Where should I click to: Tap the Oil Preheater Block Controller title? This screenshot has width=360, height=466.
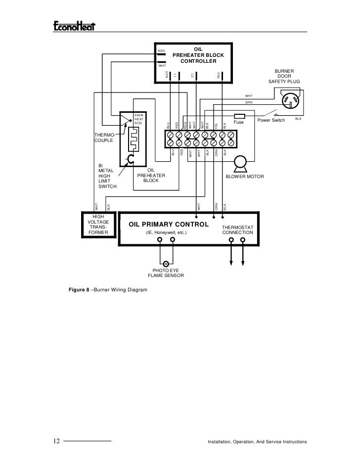point(198,55)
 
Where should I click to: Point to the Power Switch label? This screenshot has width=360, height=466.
point(271,121)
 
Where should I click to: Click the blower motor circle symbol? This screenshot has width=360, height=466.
point(241,162)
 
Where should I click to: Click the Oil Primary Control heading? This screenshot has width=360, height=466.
point(169,224)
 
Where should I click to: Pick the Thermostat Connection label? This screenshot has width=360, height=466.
point(237,230)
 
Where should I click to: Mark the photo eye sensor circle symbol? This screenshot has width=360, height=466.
point(166,264)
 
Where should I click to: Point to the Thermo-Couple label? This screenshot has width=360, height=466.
point(104,138)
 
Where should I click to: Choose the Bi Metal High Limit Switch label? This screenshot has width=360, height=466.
point(107,177)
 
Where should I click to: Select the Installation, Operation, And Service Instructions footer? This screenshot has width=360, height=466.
point(257,441)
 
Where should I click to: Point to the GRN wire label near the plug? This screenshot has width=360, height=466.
point(248,102)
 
